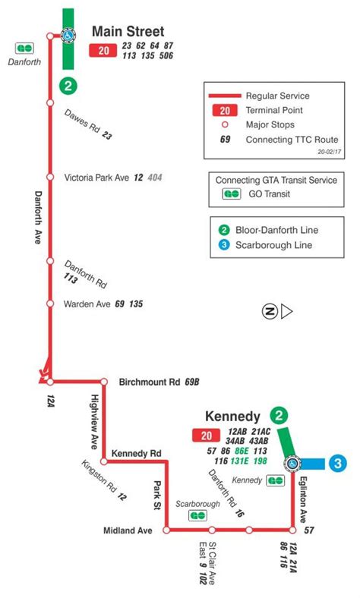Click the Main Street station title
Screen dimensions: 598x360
pyautogui.click(x=128, y=32)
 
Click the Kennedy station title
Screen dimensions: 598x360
pyautogui.click(x=232, y=417)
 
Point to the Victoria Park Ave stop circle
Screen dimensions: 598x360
pyautogui.click(x=49, y=178)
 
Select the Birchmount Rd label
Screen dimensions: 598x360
pyautogui.click(x=150, y=382)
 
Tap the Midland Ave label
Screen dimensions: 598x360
pyautogui.click(x=128, y=530)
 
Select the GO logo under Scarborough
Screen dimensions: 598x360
pyautogui.click(x=197, y=515)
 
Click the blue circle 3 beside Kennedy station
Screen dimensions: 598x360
pyautogui.click(x=338, y=462)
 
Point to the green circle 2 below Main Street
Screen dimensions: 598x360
pyautogui.click(x=69, y=86)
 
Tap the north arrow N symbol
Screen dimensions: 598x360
pyautogui.click(x=269, y=310)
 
